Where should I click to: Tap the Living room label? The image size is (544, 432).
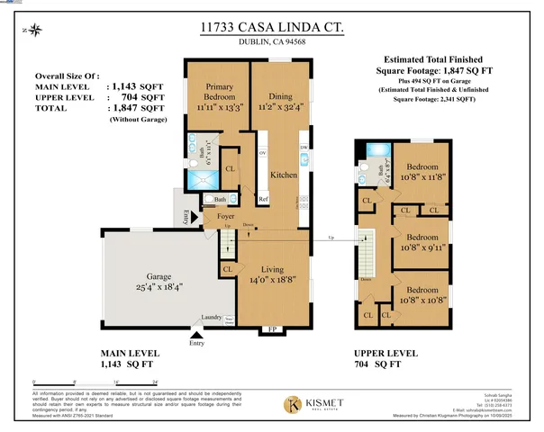click(273, 269)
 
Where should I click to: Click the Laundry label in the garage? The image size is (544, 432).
click(213, 316)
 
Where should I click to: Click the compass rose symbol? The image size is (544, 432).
click(34, 31)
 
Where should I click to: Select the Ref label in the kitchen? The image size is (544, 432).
click(264, 200)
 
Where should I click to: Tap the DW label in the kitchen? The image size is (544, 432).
click(303, 147)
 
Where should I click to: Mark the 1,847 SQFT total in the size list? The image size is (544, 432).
click(135, 106)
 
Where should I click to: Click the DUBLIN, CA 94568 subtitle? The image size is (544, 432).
click(272, 47)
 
